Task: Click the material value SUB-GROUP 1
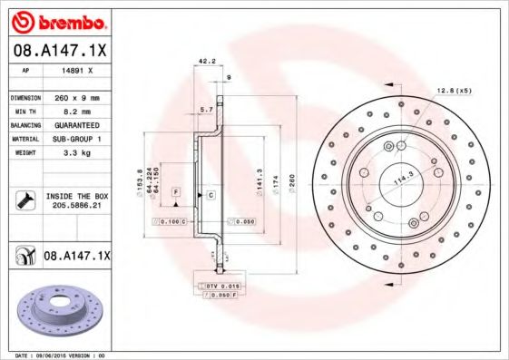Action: [x=77, y=139]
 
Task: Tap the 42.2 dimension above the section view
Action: [x=205, y=62]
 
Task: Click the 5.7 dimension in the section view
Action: [x=205, y=108]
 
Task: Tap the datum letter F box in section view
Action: [x=175, y=191]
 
